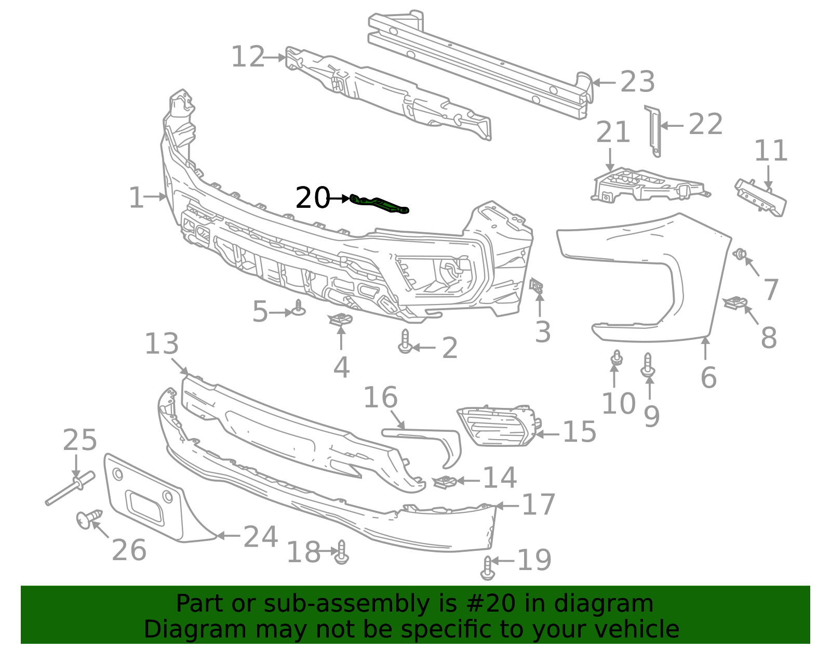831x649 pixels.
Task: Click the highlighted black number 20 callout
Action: click(x=312, y=198)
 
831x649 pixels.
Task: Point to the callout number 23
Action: click(x=638, y=82)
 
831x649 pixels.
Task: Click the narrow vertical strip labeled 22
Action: click(x=653, y=131)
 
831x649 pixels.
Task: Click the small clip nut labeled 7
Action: click(x=740, y=255)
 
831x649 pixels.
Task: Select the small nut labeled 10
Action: click(x=616, y=357)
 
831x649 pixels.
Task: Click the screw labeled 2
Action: click(x=405, y=342)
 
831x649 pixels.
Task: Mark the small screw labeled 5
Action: click(x=299, y=308)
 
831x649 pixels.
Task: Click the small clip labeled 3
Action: click(x=537, y=286)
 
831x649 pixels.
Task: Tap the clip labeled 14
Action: click(x=445, y=482)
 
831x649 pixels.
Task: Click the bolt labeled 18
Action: click(x=341, y=552)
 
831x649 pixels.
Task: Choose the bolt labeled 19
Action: click(x=487, y=568)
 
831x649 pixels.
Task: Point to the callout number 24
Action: click(x=260, y=536)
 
